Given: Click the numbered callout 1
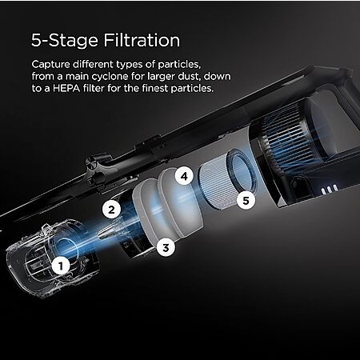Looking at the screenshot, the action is click(x=61, y=266).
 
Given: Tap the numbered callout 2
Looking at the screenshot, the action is click(x=111, y=210).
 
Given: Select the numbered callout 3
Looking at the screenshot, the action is click(x=166, y=247).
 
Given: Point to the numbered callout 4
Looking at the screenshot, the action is click(x=184, y=176).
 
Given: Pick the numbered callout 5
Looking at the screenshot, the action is click(x=246, y=200).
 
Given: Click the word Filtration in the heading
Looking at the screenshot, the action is click(x=142, y=40).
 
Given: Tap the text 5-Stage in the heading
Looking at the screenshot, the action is click(x=65, y=41).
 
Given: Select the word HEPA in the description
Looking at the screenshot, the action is click(x=66, y=88).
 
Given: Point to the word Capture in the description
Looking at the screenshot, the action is click(x=50, y=65).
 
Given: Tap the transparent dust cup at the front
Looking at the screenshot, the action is click(x=52, y=258).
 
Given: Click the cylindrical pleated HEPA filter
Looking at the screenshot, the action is click(x=228, y=178).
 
